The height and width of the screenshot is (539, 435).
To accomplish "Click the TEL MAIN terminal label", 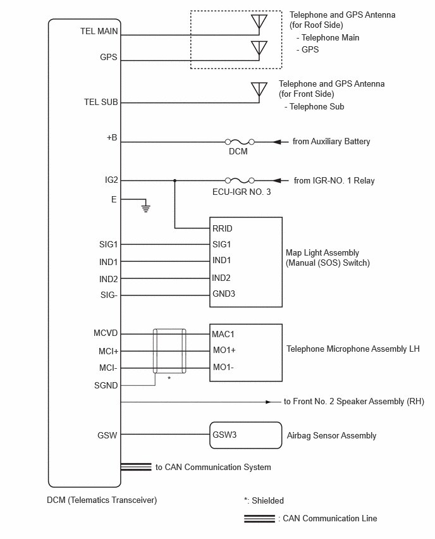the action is click(x=99, y=31).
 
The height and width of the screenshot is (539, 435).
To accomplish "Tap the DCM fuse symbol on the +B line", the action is click(x=240, y=142).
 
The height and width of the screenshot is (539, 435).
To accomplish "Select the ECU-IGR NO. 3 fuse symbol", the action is click(x=240, y=180).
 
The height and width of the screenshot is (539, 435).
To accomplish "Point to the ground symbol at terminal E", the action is click(x=146, y=208).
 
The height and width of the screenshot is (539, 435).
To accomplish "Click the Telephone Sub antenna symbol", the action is click(x=259, y=89).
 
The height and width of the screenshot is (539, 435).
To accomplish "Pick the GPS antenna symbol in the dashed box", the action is click(x=259, y=49).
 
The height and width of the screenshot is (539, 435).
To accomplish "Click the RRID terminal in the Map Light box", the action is click(x=223, y=228).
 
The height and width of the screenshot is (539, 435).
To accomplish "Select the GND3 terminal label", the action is click(x=224, y=294).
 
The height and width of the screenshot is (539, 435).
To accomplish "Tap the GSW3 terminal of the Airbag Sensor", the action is click(x=224, y=435).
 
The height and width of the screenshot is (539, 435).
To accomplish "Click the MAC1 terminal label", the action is click(x=223, y=334).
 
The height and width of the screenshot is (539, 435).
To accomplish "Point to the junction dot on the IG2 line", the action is click(x=175, y=180).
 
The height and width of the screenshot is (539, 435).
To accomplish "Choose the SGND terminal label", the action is click(x=106, y=386).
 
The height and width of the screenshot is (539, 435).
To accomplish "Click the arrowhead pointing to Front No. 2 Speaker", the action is click(x=268, y=402).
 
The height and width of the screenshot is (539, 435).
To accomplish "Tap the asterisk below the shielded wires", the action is click(x=169, y=378).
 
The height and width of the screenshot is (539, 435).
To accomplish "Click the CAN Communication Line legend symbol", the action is click(x=259, y=519).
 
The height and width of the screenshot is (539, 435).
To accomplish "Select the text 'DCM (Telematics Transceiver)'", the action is click(x=102, y=500).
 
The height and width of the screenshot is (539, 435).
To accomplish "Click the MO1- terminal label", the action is click(x=223, y=367).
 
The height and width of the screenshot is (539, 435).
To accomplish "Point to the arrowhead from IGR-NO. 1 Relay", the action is click(x=278, y=180).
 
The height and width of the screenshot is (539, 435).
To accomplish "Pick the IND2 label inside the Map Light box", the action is click(x=221, y=278).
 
